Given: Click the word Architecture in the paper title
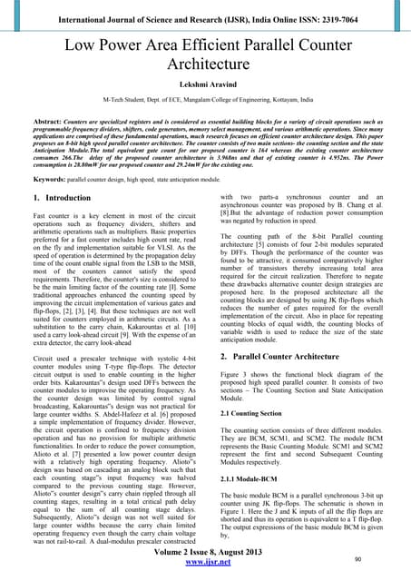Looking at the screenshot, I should point(205,64).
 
